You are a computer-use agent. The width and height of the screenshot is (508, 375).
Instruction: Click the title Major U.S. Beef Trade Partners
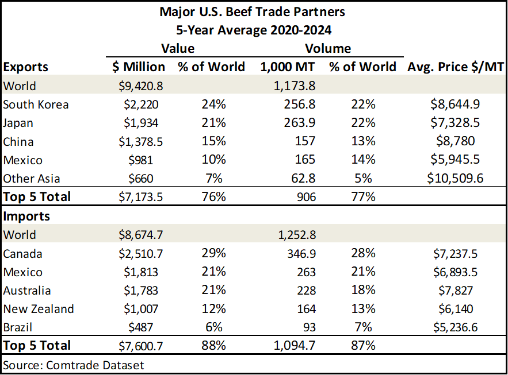point(254,11)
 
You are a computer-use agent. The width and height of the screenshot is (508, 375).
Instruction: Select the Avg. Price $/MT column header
point(456,67)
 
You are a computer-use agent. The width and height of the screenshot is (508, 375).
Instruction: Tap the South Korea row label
point(36,105)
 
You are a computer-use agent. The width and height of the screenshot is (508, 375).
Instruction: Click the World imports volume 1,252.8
point(294,234)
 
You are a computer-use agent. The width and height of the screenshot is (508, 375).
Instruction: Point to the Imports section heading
point(26,217)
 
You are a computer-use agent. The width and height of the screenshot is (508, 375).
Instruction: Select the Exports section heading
point(26,67)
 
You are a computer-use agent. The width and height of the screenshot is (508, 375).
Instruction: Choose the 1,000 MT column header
point(288,67)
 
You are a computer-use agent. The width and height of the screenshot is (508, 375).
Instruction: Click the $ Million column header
point(138,67)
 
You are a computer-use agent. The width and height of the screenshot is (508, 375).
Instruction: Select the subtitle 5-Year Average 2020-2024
point(254,29)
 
